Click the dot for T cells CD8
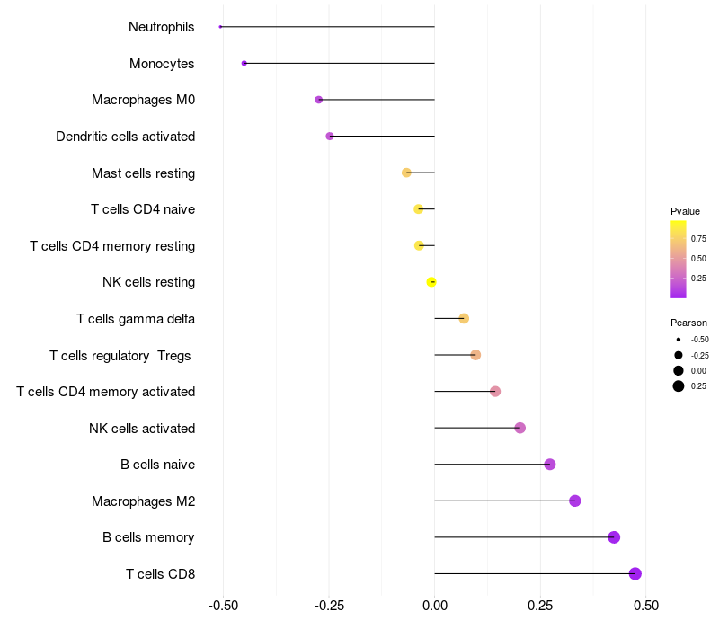[635, 573]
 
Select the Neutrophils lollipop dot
[220, 27]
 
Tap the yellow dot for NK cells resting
[431, 282]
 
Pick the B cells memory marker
[614, 537]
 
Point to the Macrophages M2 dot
[575, 501]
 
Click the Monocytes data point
[244, 64]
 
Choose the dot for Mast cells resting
[406, 173]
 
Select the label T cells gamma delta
[136, 319]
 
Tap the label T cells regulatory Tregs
[120, 356]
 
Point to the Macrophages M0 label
[143, 100]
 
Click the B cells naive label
[157, 465]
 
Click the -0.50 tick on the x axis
[223, 606]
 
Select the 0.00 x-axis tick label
[434, 606]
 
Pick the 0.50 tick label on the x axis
[645, 606]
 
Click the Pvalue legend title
[685, 211]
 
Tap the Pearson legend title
[688, 323]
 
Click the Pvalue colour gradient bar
[679, 259]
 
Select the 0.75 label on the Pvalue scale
[698, 239]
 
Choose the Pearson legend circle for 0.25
[679, 386]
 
